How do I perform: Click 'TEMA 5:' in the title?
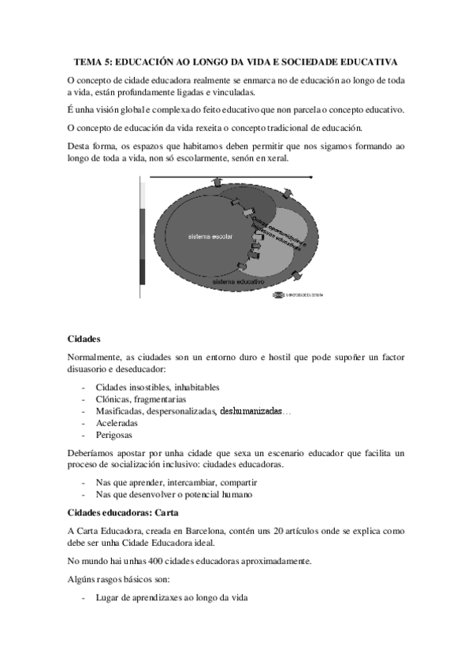coord(94,61)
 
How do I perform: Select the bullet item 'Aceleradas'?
coord(118,423)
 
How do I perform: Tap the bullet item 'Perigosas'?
coord(114,435)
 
